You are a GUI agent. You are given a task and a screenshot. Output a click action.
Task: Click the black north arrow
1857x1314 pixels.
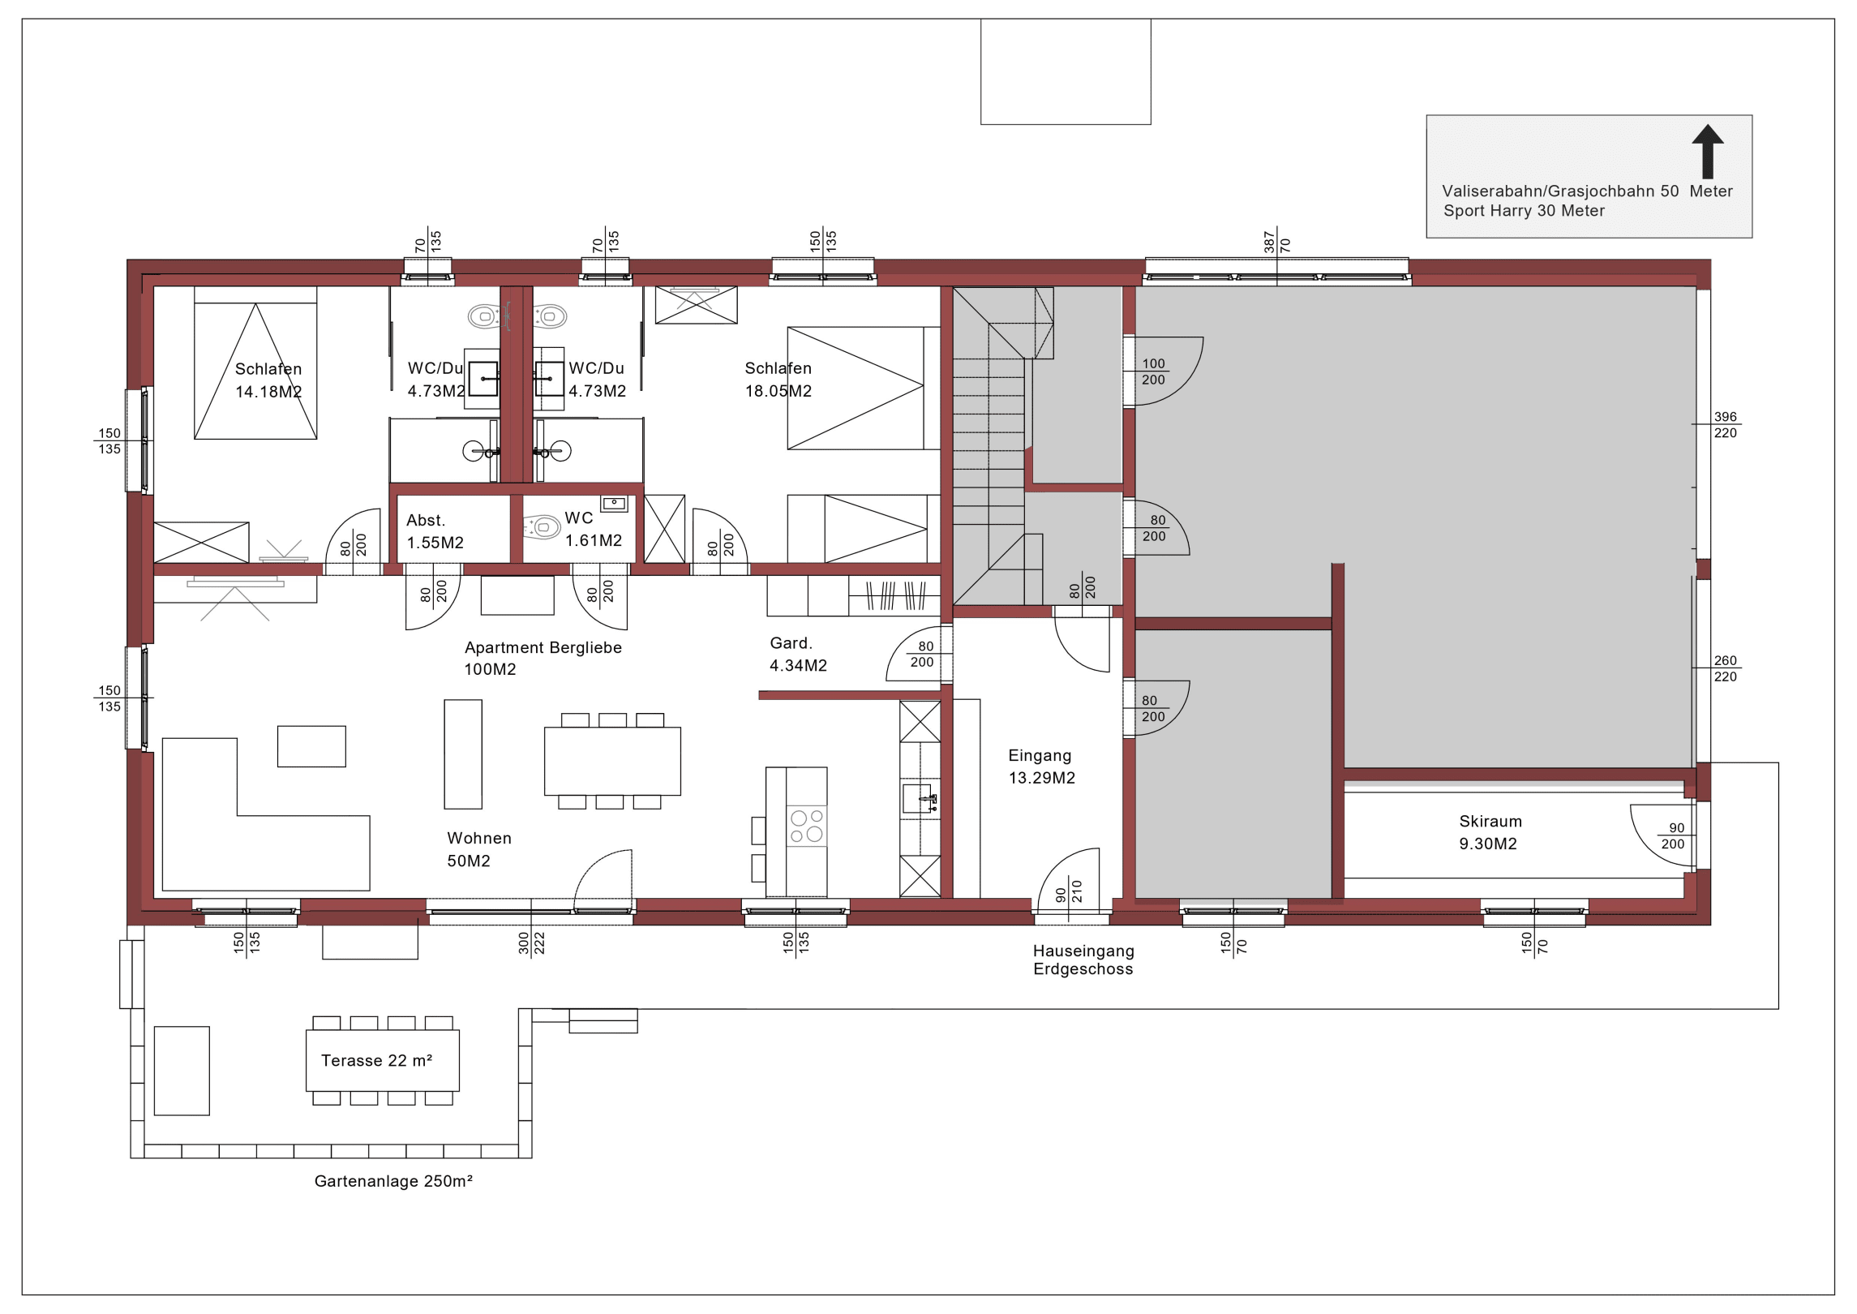1707,152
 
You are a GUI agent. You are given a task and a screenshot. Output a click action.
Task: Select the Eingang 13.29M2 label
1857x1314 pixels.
1041,766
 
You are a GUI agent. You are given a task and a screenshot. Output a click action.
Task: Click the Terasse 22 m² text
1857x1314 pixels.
376,1061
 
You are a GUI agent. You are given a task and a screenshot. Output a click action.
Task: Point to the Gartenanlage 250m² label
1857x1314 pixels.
393,1181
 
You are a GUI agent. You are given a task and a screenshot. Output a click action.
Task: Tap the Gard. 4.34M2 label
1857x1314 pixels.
798,655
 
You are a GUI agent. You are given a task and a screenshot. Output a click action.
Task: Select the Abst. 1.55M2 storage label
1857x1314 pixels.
435,531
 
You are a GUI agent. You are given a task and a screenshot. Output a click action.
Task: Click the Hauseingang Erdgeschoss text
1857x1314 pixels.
1083,960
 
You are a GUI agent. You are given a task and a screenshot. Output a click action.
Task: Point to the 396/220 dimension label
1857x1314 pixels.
1726,425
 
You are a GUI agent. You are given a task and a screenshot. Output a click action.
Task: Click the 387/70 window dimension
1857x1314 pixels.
1276,241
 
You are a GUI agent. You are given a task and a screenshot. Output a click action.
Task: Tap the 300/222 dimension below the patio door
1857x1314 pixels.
531,943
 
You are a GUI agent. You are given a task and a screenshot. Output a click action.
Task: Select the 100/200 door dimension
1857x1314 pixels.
1153,371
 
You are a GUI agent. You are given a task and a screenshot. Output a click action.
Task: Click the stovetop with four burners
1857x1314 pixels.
807,826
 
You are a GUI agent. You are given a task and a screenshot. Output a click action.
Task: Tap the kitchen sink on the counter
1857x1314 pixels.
920,798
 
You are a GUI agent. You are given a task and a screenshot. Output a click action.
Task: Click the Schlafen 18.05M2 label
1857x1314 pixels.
778,380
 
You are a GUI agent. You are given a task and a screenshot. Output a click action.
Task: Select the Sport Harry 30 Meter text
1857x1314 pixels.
1524,211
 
